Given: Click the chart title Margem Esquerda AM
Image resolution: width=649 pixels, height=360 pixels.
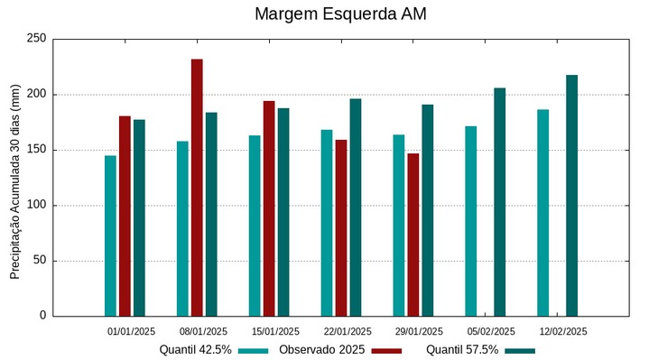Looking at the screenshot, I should click(x=340, y=14).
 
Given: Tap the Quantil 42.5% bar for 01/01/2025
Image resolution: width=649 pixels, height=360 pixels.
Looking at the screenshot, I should click(x=110, y=235).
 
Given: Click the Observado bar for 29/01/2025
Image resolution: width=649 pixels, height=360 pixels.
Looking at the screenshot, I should click(x=413, y=235).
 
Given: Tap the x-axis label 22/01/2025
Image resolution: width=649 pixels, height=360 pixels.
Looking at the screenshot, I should click(x=347, y=331).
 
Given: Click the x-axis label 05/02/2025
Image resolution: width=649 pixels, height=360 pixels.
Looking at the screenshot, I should click(x=491, y=331).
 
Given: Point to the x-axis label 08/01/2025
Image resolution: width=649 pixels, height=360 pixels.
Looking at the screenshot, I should click(x=203, y=331).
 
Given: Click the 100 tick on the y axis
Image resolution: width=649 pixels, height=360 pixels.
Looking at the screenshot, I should click(x=36, y=206).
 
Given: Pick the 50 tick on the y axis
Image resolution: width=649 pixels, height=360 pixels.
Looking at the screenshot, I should click(x=39, y=261).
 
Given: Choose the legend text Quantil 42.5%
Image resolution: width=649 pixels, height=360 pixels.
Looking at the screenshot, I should click(x=195, y=349).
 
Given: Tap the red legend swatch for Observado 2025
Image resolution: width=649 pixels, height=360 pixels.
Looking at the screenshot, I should click(x=387, y=350).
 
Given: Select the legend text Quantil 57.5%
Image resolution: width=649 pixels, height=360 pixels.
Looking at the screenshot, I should click(x=462, y=349).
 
